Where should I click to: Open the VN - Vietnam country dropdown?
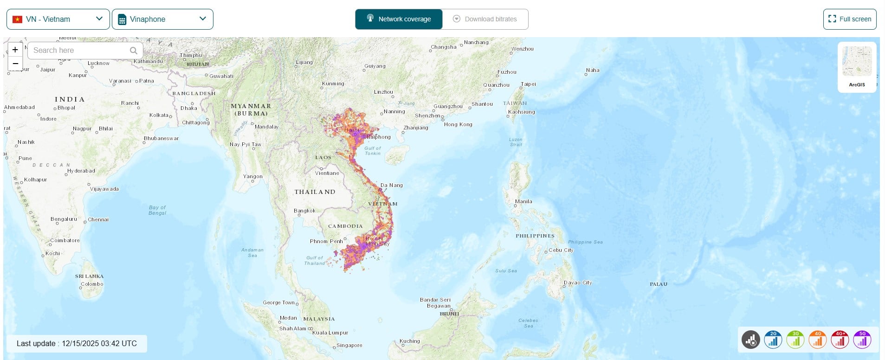pyautogui.click(x=58, y=19)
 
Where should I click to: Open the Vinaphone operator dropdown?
pyautogui.click(x=162, y=19)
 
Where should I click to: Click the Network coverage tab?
pyautogui.click(x=399, y=19)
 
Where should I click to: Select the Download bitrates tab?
pyautogui.click(x=485, y=19)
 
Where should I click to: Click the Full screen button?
pyautogui.click(x=849, y=19)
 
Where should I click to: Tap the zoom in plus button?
pyautogui.click(x=15, y=50)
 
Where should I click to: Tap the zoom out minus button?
pyautogui.click(x=15, y=64)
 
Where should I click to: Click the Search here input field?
pyautogui.click(x=79, y=50)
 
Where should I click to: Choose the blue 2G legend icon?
pyautogui.click(x=773, y=340)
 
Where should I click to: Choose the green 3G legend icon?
pyautogui.click(x=795, y=340)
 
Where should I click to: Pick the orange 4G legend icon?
pyautogui.click(x=818, y=340)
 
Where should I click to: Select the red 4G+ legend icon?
pyautogui.click(x=840, y=340)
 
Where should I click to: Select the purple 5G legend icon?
pyautogui.click(x=862, y=340)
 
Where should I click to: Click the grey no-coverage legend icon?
pyautogui.click(x=750, y=340)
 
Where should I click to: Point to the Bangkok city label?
pyautogui.click(x=304, y=211)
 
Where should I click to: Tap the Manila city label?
pyautogui.click(x=523, y=201)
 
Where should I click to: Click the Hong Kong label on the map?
pyautogui.click(x=458, y=124)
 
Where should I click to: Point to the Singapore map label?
pyautogui.click(x=349, y=345)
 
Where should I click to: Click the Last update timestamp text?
pyautogui.click(x=77, y=343)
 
